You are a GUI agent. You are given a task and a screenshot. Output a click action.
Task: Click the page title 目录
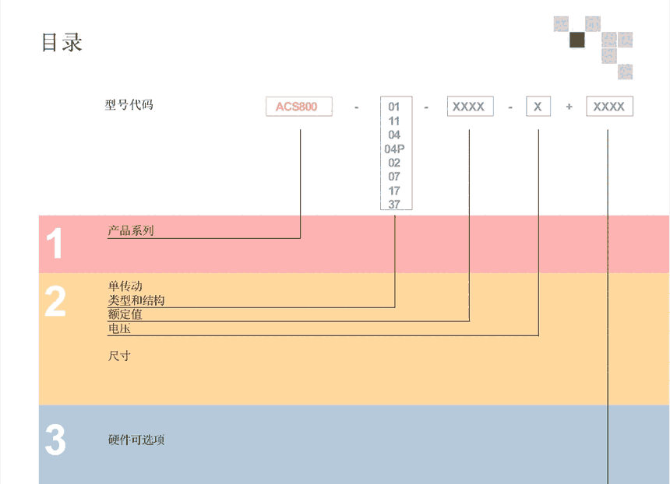click(62, 42)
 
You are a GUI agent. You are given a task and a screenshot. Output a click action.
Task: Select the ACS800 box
click(298, 107)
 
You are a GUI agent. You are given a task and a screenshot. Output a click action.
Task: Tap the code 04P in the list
click(394, 149)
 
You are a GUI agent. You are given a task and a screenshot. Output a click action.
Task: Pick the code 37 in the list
click(394, 205)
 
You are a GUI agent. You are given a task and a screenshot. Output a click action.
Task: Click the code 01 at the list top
click(394, 107)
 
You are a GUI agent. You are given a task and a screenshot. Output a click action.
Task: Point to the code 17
click(394, 191)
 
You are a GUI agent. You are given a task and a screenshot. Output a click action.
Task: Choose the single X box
click(538, 107)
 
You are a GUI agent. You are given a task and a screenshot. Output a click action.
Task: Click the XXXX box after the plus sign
click(609, 107)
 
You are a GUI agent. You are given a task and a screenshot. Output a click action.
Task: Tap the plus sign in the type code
click(569, 107)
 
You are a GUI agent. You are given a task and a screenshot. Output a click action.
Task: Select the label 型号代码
click(129, 104)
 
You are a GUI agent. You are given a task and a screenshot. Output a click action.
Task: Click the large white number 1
click(55, 244)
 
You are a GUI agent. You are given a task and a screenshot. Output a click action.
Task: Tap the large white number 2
click(55, 301)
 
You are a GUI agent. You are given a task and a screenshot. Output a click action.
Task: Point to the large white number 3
click(55, 440)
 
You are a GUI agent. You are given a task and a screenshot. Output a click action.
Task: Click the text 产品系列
click(131, 231)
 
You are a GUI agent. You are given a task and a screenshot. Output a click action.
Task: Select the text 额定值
click(125, 314)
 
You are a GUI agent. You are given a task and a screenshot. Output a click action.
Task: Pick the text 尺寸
click(119, 356)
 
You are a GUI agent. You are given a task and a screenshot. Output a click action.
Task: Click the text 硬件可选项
click(136, 440)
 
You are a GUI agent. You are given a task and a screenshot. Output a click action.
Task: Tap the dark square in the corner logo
click(577, 40)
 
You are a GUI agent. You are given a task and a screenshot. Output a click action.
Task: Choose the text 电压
click(119, 328)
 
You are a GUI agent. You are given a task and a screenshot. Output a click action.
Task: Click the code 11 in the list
click(394, 121)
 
